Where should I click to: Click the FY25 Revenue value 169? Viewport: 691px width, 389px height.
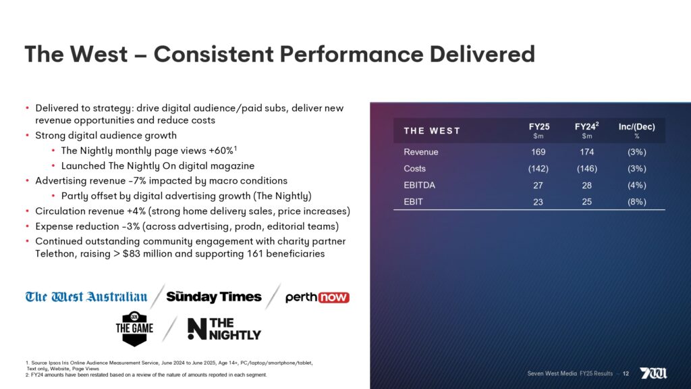[x=538, y=152]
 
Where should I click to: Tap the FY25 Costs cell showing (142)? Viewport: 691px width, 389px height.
[x=538, y=169]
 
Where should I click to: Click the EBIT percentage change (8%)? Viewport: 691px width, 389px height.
[x=636, y=201]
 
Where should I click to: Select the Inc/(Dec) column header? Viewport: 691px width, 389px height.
[x=636, y=126]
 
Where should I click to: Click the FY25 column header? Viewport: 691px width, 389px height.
[x=538, y=126]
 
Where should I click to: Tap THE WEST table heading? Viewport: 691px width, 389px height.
[x=432, y=130]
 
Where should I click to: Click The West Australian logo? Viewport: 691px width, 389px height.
[x=86, y=297]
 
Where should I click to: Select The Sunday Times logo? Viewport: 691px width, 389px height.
[x=214, y=297]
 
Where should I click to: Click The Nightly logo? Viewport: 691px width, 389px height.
[x=223, y=328]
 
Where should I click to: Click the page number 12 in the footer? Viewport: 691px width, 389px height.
[x=626, y=373]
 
